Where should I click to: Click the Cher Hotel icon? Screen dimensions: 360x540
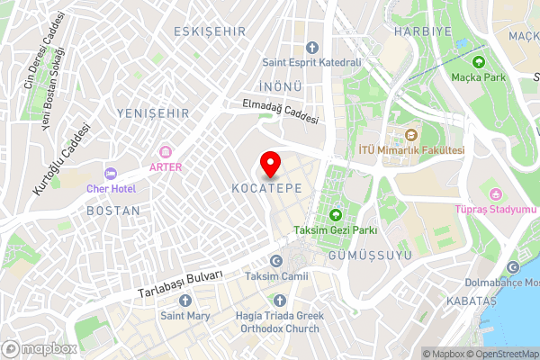click(111, 173)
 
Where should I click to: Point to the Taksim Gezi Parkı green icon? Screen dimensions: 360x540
click(336, 215)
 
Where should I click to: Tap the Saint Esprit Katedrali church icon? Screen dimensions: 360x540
click(312, 48)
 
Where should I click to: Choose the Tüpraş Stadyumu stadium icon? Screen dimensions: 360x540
click(494, 194)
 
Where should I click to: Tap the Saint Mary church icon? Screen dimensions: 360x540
click(184, 300)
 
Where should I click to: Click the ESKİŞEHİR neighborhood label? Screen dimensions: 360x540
click(209, 31)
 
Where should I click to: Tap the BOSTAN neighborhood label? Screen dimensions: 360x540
click(112, 211)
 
